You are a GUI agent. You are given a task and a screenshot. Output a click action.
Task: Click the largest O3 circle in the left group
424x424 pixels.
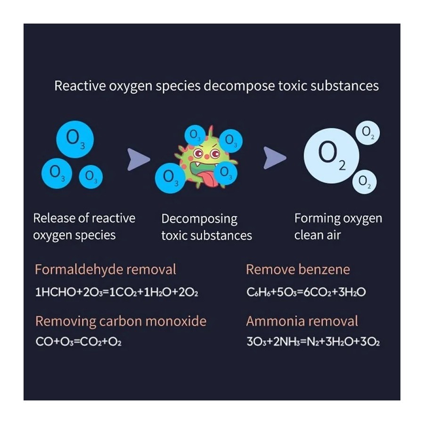click(75, 139)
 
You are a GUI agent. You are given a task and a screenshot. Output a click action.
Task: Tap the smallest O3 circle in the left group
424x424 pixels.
click(91, 177)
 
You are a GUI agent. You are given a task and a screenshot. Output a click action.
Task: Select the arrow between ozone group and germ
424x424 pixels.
click(138, 159)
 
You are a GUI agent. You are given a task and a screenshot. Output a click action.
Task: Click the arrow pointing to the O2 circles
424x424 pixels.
click(275, 158)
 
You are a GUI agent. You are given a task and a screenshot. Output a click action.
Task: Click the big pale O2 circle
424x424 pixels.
click(332, 156)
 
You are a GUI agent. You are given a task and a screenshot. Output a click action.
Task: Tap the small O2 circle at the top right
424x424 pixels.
click(367, 132)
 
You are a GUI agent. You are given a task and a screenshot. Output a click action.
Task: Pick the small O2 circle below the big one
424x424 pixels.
click(364, 182)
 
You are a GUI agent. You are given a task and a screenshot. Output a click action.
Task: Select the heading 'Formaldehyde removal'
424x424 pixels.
click(106, 269)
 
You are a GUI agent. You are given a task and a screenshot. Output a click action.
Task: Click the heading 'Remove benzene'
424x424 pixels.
click(298, 269)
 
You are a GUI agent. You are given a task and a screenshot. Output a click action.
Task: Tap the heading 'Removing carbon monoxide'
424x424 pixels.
click(121, 321)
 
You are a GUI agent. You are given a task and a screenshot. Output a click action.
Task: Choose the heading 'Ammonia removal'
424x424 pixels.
click(302, 321)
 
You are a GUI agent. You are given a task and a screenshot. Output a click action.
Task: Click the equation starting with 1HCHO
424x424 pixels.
click(116, 292)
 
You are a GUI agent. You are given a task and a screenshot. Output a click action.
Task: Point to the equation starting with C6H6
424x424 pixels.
click(306, 292)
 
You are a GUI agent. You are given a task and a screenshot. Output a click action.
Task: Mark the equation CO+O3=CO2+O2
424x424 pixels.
click(78, 342)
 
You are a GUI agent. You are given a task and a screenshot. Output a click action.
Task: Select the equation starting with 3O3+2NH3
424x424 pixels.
click(313, 342)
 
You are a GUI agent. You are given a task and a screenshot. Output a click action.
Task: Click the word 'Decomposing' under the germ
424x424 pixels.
click(199, 219)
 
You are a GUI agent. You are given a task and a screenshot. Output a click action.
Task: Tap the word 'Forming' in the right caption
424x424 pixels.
click(315, 219)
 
